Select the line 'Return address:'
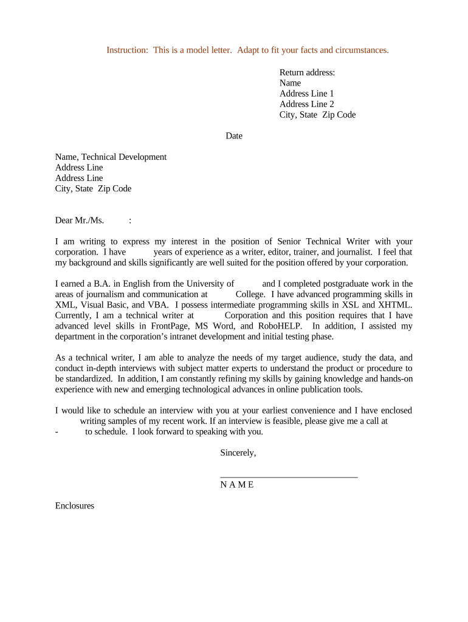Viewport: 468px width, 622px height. click(x=307, y=72)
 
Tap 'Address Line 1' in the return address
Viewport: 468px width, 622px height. click(x=306, y=94)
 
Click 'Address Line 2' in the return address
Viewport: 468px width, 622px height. click(x=306, y=104)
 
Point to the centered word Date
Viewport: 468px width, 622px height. click(x=234, y=135)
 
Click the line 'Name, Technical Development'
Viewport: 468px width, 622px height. click(x=111, y=157)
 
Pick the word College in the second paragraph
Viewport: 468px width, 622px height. click(x=250, y=294)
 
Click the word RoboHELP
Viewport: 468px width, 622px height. click(x=279, y=326)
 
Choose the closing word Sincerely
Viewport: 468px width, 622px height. click(x=238, y=453)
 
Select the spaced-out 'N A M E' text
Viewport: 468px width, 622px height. click(x=237, y=485)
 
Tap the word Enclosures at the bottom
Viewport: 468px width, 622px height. click(x=75, y=505)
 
